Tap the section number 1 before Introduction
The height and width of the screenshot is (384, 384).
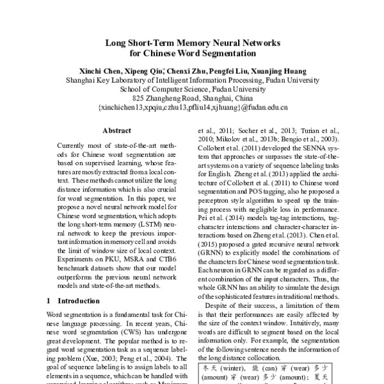[x=49, y=300]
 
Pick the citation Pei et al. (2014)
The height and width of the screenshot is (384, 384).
[x=217, y=218]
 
